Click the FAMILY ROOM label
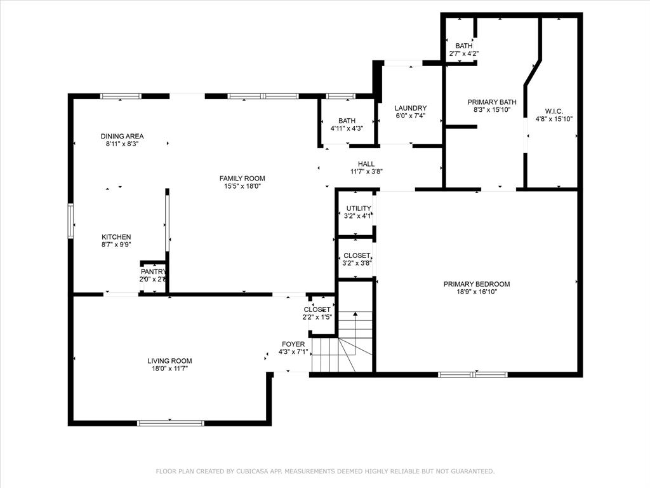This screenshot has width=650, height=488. tap(242, 179)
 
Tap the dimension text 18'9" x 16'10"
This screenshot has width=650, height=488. tap(477, 293)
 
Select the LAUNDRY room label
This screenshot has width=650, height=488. tap(410, 108)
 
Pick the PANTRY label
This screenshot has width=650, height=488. tap(153, 271)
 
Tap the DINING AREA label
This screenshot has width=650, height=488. tap(122, 136)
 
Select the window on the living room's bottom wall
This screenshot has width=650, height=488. tap(171, 423)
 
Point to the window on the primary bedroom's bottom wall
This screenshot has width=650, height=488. tap(473, 374)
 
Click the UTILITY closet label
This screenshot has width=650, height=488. tap(359, 208)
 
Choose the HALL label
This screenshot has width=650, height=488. tap(366, 163)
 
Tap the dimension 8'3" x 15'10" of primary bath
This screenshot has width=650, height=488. tap(492, 110)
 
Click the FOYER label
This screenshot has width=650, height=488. tap(293, 344)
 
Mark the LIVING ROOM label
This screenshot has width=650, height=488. tap(169, 361)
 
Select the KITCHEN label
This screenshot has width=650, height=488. tap(116, 237)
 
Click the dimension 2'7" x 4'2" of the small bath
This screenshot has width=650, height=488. tap(463, 54)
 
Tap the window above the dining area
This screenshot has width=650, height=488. tap(121, 96)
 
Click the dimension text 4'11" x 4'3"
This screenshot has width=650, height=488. tap(347, 129)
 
